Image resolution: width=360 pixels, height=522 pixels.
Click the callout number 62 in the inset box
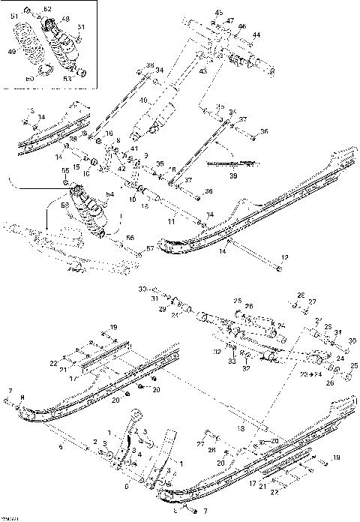(48, 9)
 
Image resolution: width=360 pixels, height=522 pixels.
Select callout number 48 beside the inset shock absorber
(66, 19)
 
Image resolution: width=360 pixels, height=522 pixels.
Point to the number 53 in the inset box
(67, 77)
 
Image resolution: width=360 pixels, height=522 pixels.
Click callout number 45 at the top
(219, 13)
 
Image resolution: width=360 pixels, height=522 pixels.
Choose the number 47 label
(230, 20)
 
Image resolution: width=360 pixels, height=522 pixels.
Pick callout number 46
(242, 26)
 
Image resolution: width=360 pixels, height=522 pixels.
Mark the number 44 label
(256, 35)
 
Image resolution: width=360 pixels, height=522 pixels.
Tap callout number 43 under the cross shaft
(202, 70)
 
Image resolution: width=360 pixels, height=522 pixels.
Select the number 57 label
(149, 247)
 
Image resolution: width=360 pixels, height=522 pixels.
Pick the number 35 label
(160, 163)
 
